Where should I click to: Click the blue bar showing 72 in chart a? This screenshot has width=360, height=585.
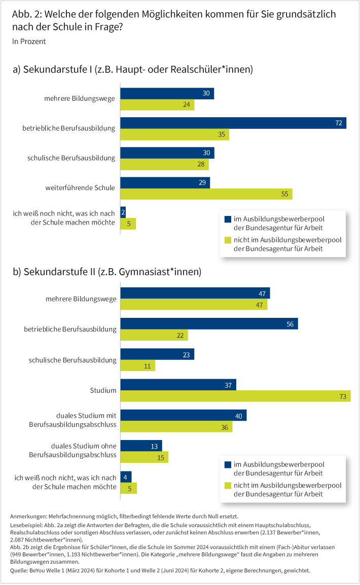[233, 123]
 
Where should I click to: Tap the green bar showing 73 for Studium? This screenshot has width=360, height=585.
[235, 396]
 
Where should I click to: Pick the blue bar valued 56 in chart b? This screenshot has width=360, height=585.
[209, 323]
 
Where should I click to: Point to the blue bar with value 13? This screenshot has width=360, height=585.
[141, 446]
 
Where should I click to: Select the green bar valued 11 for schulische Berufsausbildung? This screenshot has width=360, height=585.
[137, 365]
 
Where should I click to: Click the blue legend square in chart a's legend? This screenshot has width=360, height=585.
[228, 219]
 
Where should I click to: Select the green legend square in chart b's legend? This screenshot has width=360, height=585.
[228, 486]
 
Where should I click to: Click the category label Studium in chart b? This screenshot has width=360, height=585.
[103, 390]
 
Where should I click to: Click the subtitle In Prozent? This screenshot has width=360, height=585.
[29, 42]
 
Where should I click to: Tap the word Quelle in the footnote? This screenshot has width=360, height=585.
[19, 570]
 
